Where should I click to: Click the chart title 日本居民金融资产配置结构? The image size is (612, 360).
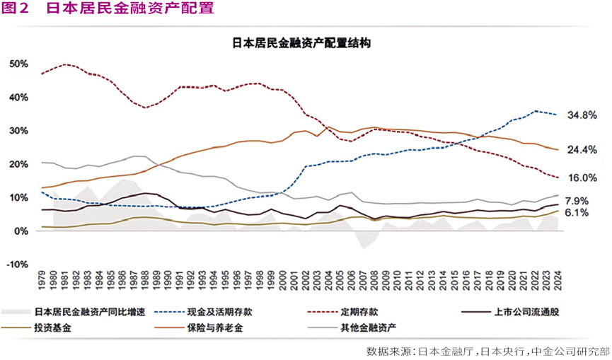point(306,43)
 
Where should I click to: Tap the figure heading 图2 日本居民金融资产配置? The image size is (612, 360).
point(106,9)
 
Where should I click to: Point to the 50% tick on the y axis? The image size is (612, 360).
point(19,64)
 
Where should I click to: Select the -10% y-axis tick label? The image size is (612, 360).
point(18,265)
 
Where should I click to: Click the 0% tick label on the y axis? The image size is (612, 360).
point(23,231)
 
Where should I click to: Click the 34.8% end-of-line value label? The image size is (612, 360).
point(583,115)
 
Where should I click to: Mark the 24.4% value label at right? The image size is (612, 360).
point(583,150)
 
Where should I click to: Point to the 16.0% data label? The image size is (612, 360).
point(583,178)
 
